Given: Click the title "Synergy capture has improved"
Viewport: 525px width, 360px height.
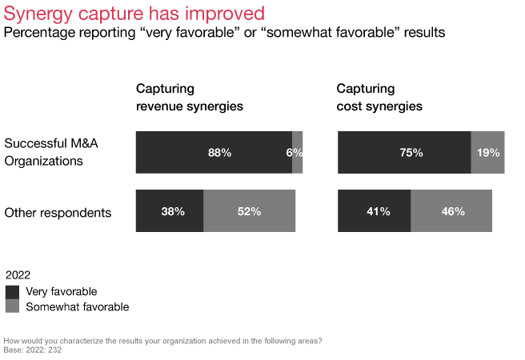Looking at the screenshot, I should tap(134, 14).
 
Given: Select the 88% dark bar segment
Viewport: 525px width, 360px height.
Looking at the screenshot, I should tap(214, 153).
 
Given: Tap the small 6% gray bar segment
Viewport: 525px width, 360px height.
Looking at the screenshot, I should tap(297, 153).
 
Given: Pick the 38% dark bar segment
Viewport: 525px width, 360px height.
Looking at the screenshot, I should tap(170, 211).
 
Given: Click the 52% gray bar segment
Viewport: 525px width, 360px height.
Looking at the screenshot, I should tap(250, 211).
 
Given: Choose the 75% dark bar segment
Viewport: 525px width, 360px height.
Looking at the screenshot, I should tap(404, 153).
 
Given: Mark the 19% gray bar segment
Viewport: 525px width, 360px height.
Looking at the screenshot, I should tap(487, 153).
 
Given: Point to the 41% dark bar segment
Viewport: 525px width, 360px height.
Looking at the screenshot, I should tap(374, 211).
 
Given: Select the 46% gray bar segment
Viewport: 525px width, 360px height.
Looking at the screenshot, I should tap(451, 211).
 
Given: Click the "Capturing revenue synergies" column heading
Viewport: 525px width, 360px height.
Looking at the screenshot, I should tap(189, 97).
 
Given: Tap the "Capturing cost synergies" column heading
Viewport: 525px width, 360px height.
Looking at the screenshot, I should tap(379, 97).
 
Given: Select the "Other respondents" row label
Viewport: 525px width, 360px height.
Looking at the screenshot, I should tap(58, 212).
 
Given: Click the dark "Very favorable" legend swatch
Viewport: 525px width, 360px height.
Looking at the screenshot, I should tap(12, 292).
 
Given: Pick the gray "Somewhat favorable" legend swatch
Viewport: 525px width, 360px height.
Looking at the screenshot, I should tap(12, 306).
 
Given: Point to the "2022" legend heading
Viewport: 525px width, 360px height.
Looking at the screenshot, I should tap(18, 275).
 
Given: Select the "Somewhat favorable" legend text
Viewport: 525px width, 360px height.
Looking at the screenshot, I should tap(77, 306).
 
